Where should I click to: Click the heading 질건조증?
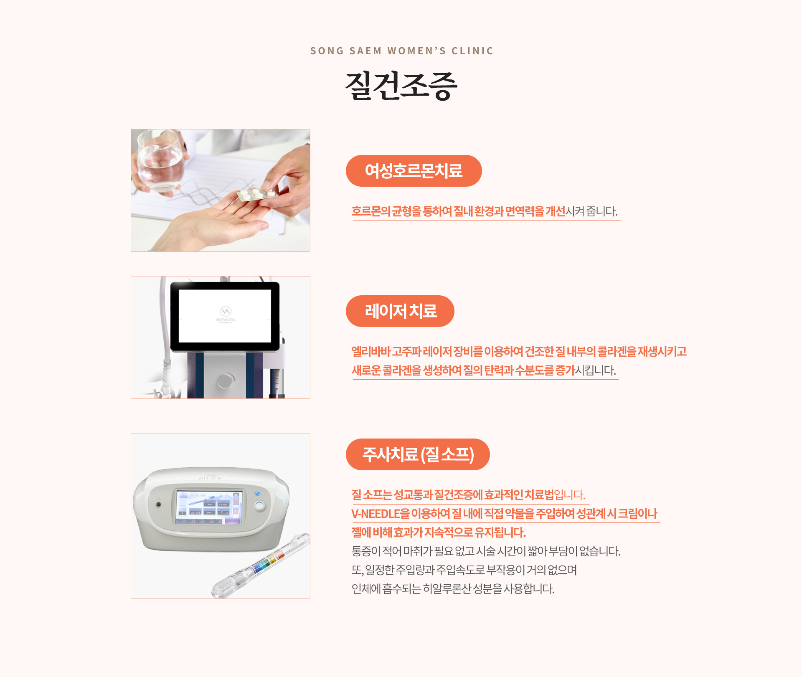(x=401, y=86)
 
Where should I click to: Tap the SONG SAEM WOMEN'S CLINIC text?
(x=402, y=51)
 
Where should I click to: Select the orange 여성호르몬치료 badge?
(x=414, y=171)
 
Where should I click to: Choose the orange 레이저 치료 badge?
(x=400, y=311)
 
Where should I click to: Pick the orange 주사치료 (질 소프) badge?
(x=418, y=454)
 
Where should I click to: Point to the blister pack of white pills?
(x=257, y=194)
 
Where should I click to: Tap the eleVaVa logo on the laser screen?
(x=226, y=314)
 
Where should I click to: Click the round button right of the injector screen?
(x=259, y=506)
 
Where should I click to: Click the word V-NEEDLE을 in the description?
(x=381, y=514)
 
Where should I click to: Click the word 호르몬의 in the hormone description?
(x=371, y=211)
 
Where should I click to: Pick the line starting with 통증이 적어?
(x=486, y=551)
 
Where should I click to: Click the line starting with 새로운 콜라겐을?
(x=484, y=370)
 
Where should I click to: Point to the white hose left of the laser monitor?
(x=166, y=334)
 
